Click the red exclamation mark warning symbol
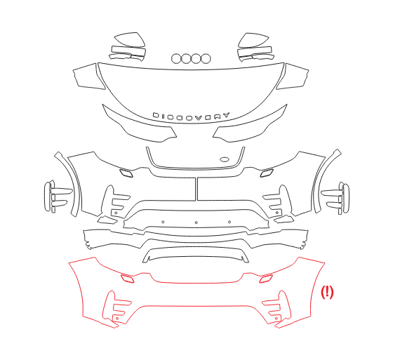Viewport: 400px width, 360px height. tap(327, 292)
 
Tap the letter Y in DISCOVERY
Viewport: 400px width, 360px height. tap(225, 115)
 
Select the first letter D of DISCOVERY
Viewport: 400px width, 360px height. tap(155, 115)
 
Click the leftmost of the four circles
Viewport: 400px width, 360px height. tap(176, 59)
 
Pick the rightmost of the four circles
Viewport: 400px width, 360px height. tap(206, 59)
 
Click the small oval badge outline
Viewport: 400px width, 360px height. tap(225, 160)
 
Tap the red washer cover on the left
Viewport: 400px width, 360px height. tap(127, 279)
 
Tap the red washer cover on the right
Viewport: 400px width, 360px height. tap(266, 279)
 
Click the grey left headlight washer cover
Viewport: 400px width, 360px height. tap(127, 173)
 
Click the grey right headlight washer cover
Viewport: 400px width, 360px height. tap(267, 173)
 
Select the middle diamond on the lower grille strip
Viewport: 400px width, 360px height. tap(196, 222)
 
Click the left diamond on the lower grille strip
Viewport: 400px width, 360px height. tap(163, 222)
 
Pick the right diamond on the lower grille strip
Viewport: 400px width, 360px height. tap(229, 222)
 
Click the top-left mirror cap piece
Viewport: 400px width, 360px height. tap(130, 39)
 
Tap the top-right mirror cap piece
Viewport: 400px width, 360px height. tap(253, 40)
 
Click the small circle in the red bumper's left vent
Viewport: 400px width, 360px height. tap(117, 318)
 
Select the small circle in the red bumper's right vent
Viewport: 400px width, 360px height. tap(276, 319)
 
